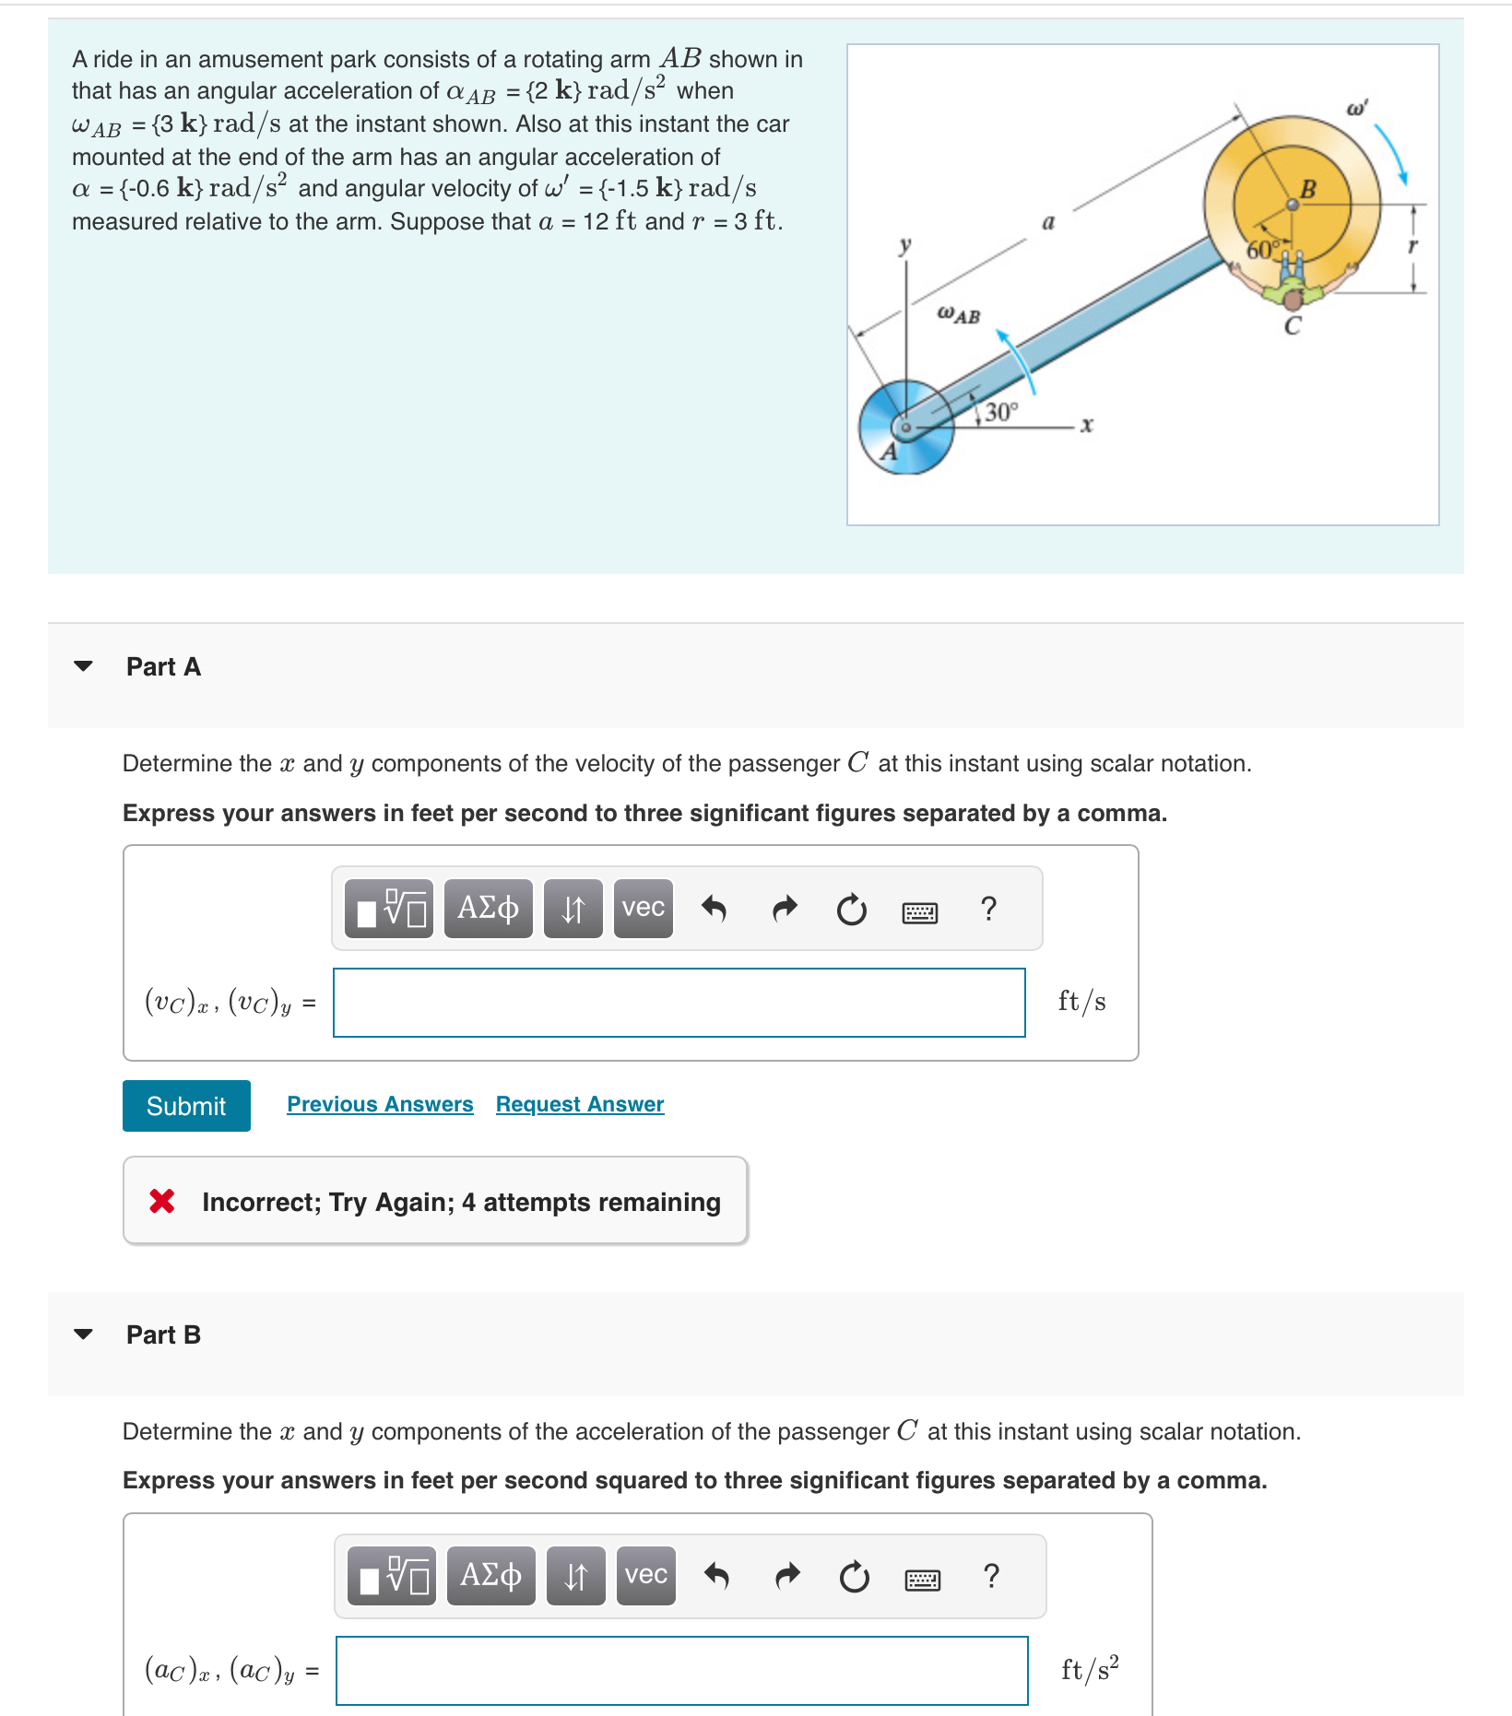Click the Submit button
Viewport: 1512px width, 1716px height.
[186, 1105]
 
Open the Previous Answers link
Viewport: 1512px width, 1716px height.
[380, 1104]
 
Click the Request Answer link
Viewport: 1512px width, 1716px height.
[579, 1104]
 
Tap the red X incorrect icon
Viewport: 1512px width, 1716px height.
[162, 1201]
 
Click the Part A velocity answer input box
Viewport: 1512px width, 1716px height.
[679, 1002]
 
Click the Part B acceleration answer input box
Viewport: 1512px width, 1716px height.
[681, 1670]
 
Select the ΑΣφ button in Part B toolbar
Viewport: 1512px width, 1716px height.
[490, 1575]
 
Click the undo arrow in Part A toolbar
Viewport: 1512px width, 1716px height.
[714, 909]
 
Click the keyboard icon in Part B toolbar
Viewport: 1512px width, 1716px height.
[922, 1580]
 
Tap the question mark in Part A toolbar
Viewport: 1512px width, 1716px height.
[988, 909]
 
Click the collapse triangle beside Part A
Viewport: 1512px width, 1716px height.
[83, 665]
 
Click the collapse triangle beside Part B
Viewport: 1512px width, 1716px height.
[83, 1334]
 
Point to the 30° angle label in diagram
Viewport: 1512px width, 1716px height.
[1000, 412]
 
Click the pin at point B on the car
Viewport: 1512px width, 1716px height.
[1293, 205]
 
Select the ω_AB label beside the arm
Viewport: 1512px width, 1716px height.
[958, 315]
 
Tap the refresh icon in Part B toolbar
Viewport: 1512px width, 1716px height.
[854, 1577]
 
